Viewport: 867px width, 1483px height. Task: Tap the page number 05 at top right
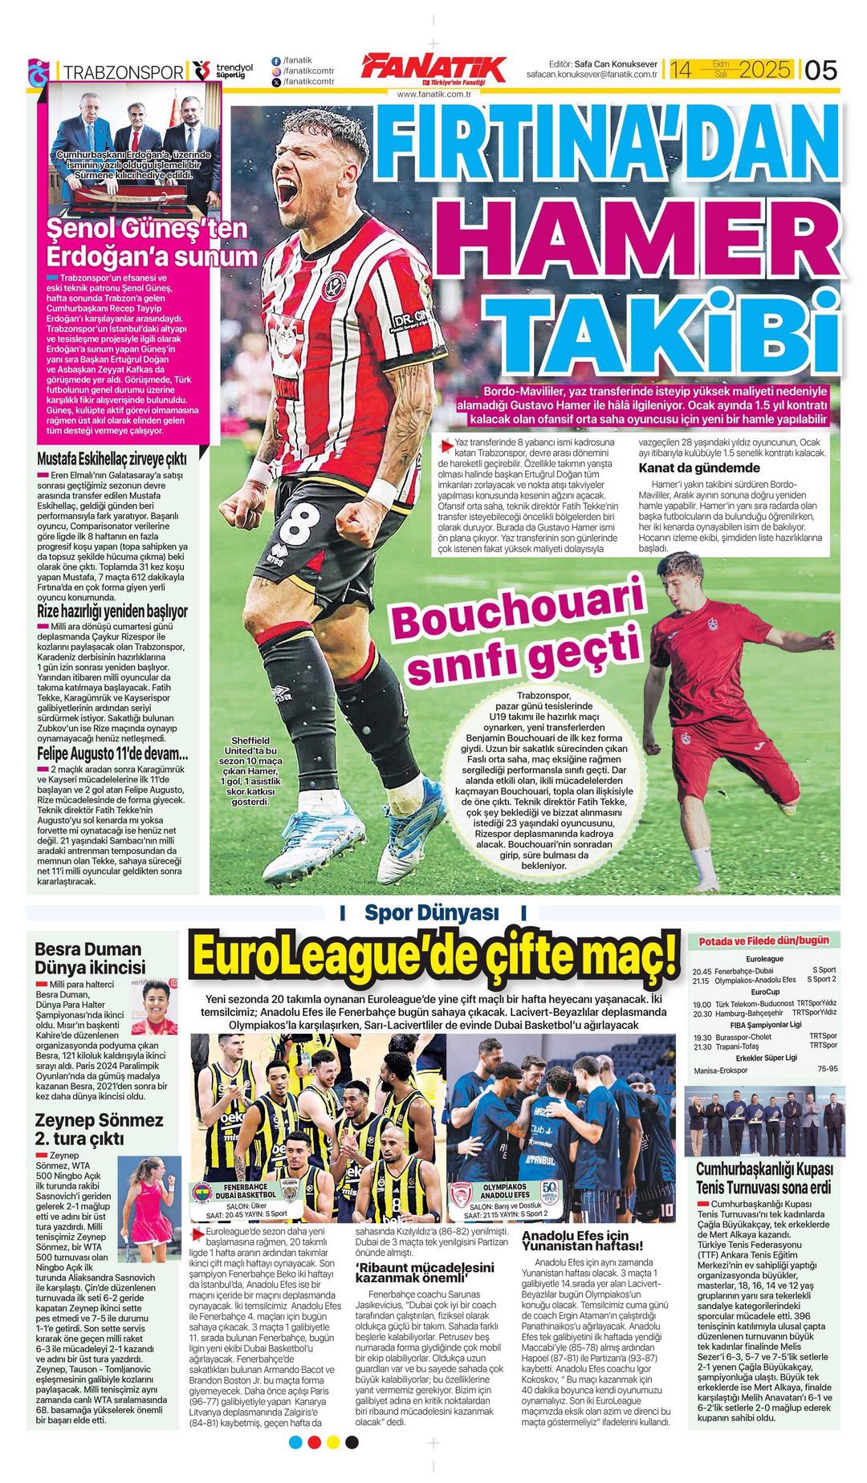pyautogui.click(x=820, y=70)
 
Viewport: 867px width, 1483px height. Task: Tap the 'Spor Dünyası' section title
pyautogui.click(x=432, y=912)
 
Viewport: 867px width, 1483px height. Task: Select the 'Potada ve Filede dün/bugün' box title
pyautogui.click(x=763, y=941)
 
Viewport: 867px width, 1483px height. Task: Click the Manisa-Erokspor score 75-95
pyautogui.click(x=827, y=1069)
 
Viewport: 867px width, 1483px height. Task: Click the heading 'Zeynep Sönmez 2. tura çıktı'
pyautogui.click(x=99, y=1129)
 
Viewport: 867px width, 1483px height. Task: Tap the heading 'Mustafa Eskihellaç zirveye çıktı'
pyautogui.click(x=112, y=458)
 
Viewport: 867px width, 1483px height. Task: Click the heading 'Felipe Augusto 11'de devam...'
pyautogui.click(x=112, y=754)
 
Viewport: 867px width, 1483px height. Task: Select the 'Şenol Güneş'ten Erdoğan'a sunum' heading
pyautogui.click(x=152, y=243)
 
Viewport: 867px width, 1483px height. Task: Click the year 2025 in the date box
pyautogui.click(x=763, y=70)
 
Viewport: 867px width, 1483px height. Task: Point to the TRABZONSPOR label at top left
pyautogui.click(x=123, y=72)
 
